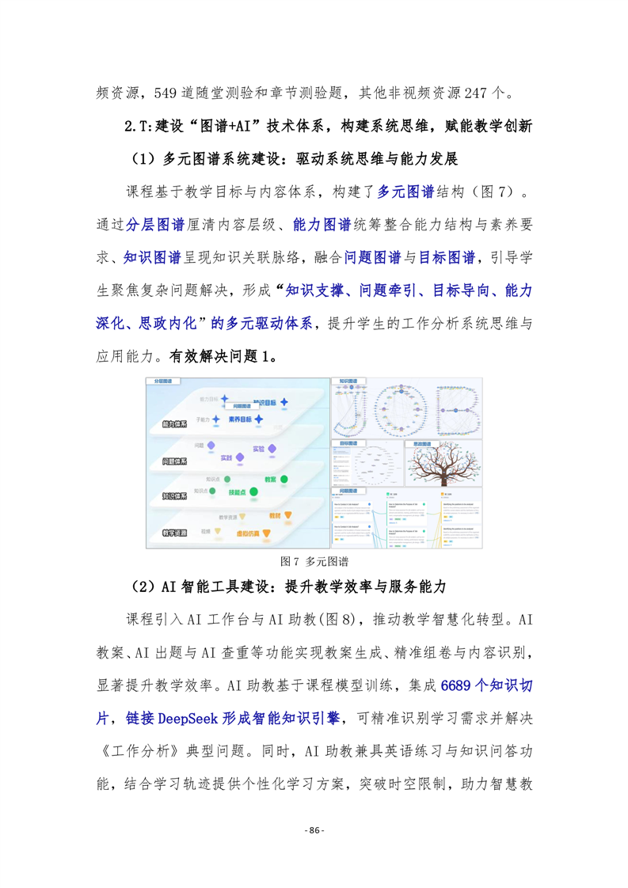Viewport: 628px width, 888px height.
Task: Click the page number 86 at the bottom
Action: (x=314, y=830)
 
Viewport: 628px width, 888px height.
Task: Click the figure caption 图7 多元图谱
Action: (x=314, y=561)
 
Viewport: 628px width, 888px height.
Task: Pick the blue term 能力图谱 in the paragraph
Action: (x=322, y=224)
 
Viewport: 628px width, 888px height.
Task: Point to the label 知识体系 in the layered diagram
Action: (x=174, y=496)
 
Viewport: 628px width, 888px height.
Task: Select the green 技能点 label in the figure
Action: (x=237, y=492)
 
